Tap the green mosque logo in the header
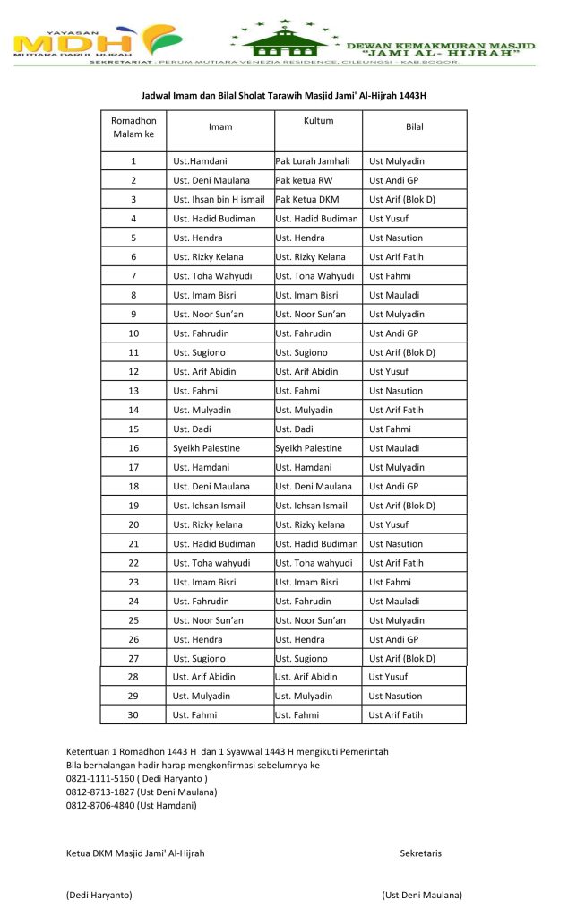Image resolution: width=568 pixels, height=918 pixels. point(285,40)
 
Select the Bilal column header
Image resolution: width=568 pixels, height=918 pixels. point(414,126)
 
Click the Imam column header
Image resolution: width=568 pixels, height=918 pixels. point(220,126)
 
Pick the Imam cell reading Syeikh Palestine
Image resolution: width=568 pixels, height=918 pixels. point(206,447)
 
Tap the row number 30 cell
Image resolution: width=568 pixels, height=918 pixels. point(133,714)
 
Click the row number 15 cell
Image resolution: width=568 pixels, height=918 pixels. point(133,429)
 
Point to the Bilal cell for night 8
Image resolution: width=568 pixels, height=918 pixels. point(395,295)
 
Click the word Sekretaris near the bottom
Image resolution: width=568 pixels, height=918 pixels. point(420,853)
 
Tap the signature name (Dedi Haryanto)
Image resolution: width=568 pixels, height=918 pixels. point(99,895)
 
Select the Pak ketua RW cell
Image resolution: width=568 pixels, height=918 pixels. point(304,180)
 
